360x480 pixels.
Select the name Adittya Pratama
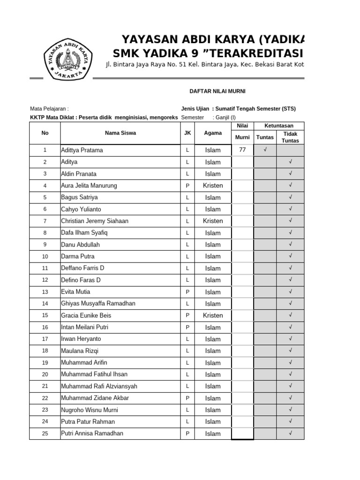coord(82,150)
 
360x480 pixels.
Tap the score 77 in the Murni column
coord(242,150)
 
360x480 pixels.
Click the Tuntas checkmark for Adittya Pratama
coord(265,150)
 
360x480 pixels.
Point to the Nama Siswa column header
coord(120,133)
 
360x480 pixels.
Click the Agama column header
coord(213,133)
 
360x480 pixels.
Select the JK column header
coord(187,133)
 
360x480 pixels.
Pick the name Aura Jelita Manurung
coord(89,186)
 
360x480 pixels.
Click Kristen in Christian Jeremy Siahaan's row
coord(213,221)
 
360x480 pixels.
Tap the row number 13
coord(45,292)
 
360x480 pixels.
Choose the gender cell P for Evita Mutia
coord(187,292)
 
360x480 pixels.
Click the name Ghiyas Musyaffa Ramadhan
coord(98,304)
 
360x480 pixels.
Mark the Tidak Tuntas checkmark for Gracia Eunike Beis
coord(291,315)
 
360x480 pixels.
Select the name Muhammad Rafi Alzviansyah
coord(99,386)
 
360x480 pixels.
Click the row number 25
coord(45,434)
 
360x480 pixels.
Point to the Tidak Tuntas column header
coord(290,137)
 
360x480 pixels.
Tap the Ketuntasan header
coord(279,126)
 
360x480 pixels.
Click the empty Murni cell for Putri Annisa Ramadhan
coord(242,434)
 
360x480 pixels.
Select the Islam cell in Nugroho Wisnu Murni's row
coord(213,410)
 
